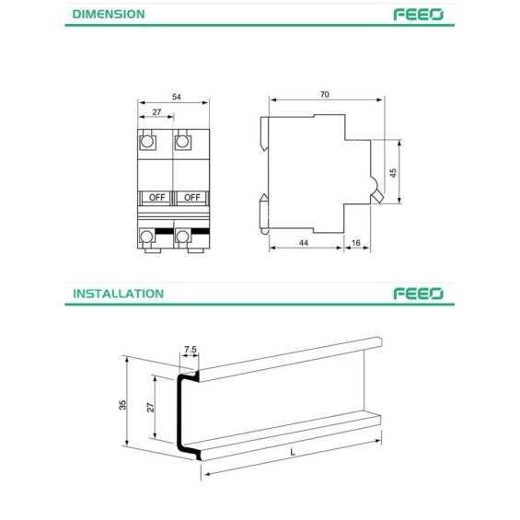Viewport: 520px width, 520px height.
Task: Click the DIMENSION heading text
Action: point(109,15)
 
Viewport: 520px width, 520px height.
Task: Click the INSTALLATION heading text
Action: point(118,294)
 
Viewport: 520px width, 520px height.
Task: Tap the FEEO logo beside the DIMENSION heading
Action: point(419,15)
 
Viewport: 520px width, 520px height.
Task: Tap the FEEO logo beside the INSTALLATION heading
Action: point(419,294)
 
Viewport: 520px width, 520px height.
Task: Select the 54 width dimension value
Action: point(175,96)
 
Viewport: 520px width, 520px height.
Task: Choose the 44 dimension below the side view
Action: point(304,242)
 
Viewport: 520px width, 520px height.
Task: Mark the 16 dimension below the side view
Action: point(355,242)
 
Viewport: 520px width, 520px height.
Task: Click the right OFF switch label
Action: point(191,197)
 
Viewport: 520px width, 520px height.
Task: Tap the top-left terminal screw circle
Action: point(146,142)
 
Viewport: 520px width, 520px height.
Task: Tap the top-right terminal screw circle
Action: point(182,142)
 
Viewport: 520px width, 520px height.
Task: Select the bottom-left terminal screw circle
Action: point(146,237)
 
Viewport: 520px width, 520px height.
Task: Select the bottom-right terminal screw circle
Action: point(182,237)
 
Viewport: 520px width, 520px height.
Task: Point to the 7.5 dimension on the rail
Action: point(191,350)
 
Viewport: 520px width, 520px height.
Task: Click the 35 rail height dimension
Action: point(122,405)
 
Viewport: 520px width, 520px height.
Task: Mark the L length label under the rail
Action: point(291,453)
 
